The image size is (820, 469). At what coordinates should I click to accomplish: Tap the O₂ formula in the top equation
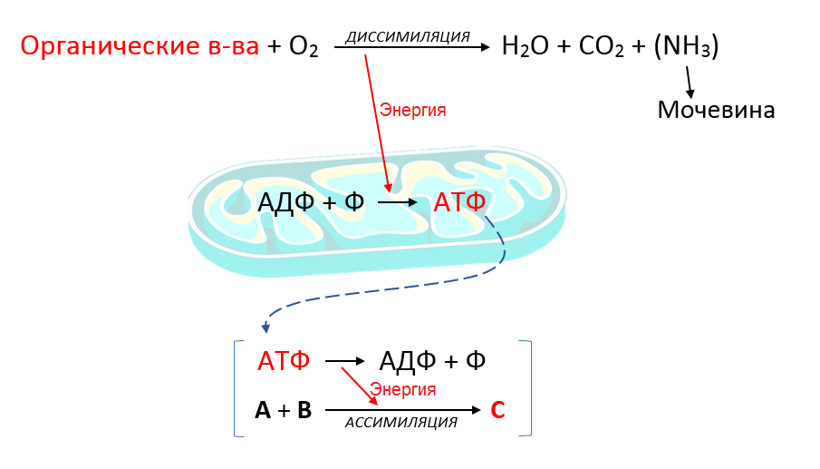(x=304, y=47)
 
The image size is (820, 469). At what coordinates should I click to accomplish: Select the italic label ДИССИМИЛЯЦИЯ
(x=408, y=36)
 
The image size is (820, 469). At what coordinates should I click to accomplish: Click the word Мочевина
(x=716, y=111)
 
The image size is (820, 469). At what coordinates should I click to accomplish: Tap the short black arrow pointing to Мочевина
(x=690, y=84)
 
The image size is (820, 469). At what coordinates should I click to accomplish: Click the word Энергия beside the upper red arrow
(x=413, y=110)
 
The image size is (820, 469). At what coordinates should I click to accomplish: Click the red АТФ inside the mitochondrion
(x=459, y=202)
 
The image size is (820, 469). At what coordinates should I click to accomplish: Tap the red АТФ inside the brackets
(x=284, y=361)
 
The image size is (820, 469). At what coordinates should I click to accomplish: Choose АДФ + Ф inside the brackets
(x=432, y=361)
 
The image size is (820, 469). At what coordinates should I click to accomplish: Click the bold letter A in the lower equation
(x=263, y=411)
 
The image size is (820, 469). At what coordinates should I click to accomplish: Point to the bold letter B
(x=304, y=411)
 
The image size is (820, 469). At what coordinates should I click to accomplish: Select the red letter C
(x=497, y=410)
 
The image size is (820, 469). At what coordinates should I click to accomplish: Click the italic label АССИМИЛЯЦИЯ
(x=400, y=423)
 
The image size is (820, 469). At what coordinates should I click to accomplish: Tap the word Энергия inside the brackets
(x=403, y=389)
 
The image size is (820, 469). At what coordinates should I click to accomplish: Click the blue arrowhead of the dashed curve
(x=265, y=327)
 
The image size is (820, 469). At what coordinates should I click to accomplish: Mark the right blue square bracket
(x=528, y=388)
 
